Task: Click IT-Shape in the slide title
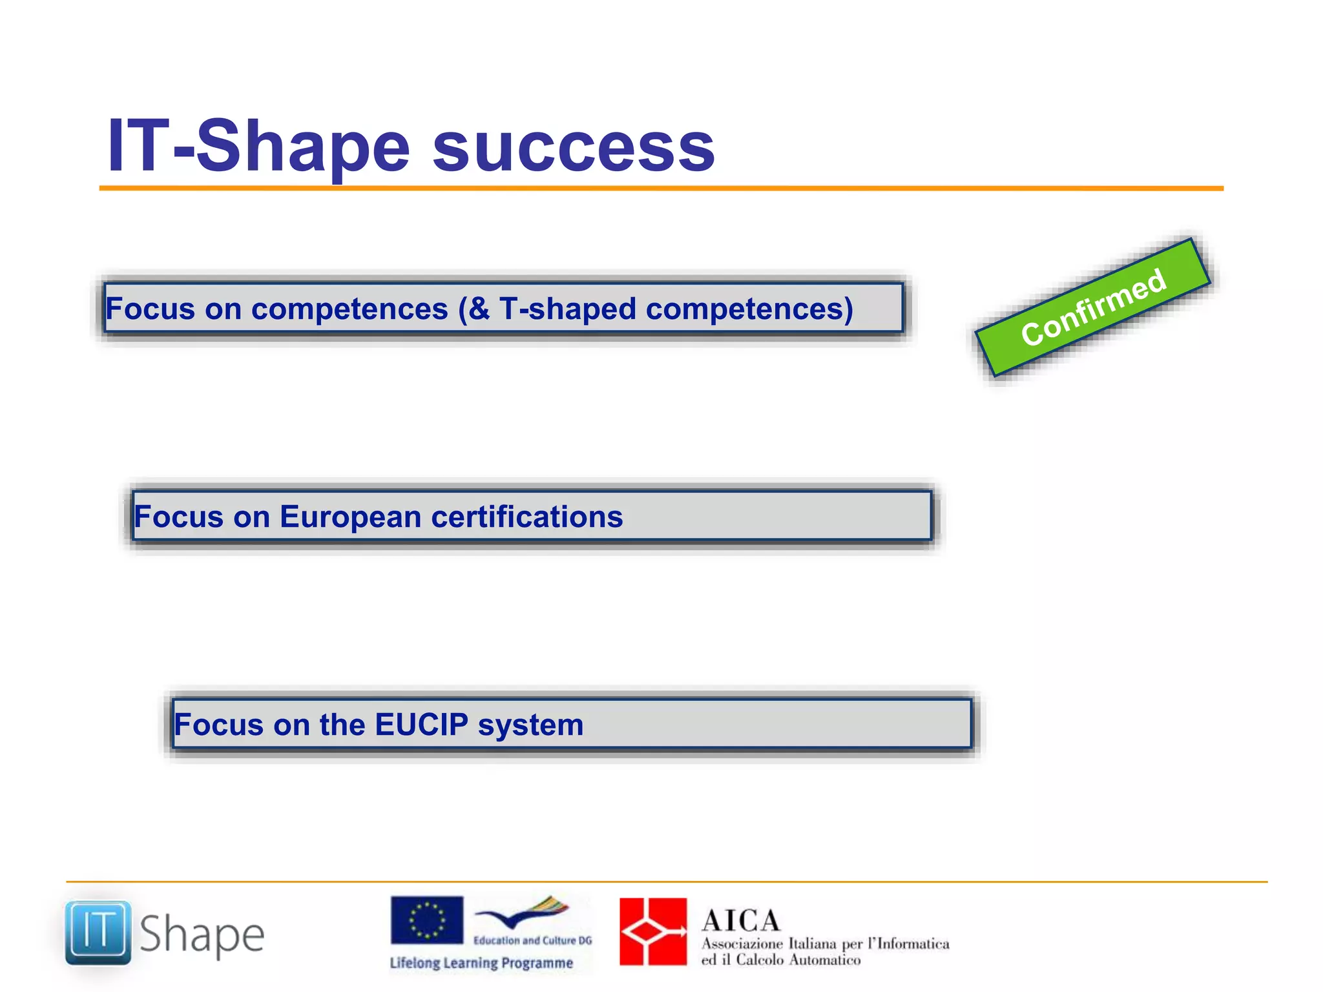[258, 147]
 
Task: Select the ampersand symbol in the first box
[479, 309]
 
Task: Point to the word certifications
[526, 517]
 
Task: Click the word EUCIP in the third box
[421, 725]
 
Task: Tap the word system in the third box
[530, 725]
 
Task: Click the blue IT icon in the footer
[98, 933]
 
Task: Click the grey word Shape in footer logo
[202, 935]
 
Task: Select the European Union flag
[427, 920]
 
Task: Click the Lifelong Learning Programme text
[481, 963]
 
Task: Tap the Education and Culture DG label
[532, 940]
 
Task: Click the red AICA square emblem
[653, 932]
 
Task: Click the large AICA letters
[741, 920]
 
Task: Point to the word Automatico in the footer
[825, 960]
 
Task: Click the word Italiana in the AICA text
[813, 944]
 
